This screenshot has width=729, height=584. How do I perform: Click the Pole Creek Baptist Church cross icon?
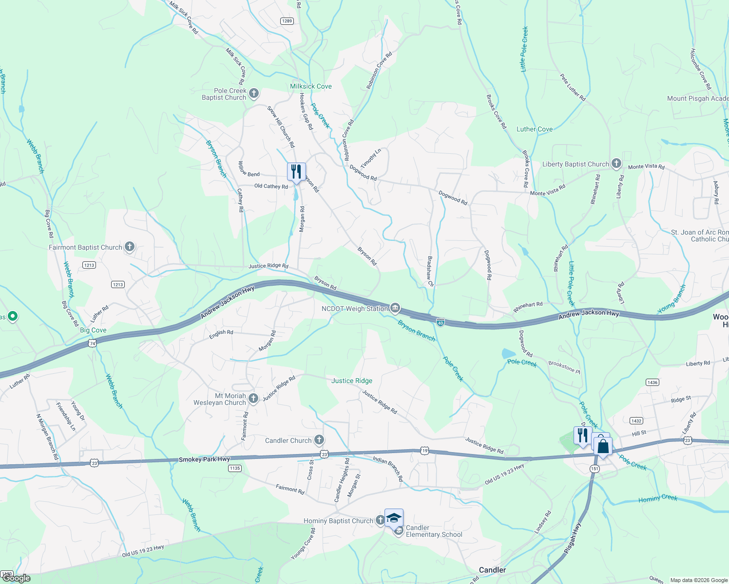click(x=253, y=93)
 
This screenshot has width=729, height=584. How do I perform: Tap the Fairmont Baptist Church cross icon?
click(x=130, y=247)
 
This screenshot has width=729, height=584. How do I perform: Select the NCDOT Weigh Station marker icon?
click(x=395, y=308)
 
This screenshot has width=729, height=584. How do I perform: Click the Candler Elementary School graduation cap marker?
click(x=394, y=518)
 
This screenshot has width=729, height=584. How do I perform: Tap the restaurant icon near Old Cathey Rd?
click(x=296, y=172)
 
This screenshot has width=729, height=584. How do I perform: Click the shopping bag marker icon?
click(x=603, y=446)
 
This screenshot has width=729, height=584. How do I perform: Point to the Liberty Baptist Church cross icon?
click(x=616, y=164)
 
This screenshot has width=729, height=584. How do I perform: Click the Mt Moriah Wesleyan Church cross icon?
click(x=253, y=399)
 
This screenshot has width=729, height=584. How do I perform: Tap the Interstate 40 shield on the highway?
click(x=441, y=322)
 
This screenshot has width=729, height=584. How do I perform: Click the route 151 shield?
click(x=595, y=468)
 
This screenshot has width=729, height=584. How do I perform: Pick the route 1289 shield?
click(x=287, y=21)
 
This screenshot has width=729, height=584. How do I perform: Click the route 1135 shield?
click(x=235, y=468)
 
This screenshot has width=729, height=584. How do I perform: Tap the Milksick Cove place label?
click(x=310, y=86)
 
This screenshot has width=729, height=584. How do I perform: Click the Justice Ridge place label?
click(x=352, y=381)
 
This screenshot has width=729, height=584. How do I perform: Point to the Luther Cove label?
click(x=535, y=129)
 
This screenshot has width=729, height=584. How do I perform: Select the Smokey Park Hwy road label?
click(x=204, y=459)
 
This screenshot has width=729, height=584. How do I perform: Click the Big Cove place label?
click(x=93, y=330)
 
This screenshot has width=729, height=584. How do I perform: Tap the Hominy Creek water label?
click(x=658, y=498)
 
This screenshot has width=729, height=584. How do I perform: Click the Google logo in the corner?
click(x=16, y=578)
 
